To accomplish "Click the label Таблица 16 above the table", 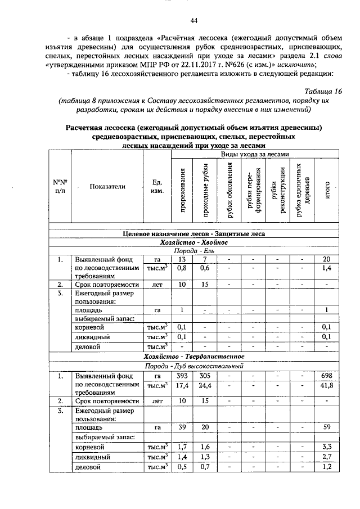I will pyautogui.click(x=323, y=91).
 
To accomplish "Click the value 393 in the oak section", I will pyautogui.click(x=182, y=376).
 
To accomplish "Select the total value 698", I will pyautogui.click(x=326, y=376).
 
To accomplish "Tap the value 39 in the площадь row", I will pyautogui.click(x=182, y=427).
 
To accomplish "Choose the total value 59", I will pyautogui.click(x=326, y=427).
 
